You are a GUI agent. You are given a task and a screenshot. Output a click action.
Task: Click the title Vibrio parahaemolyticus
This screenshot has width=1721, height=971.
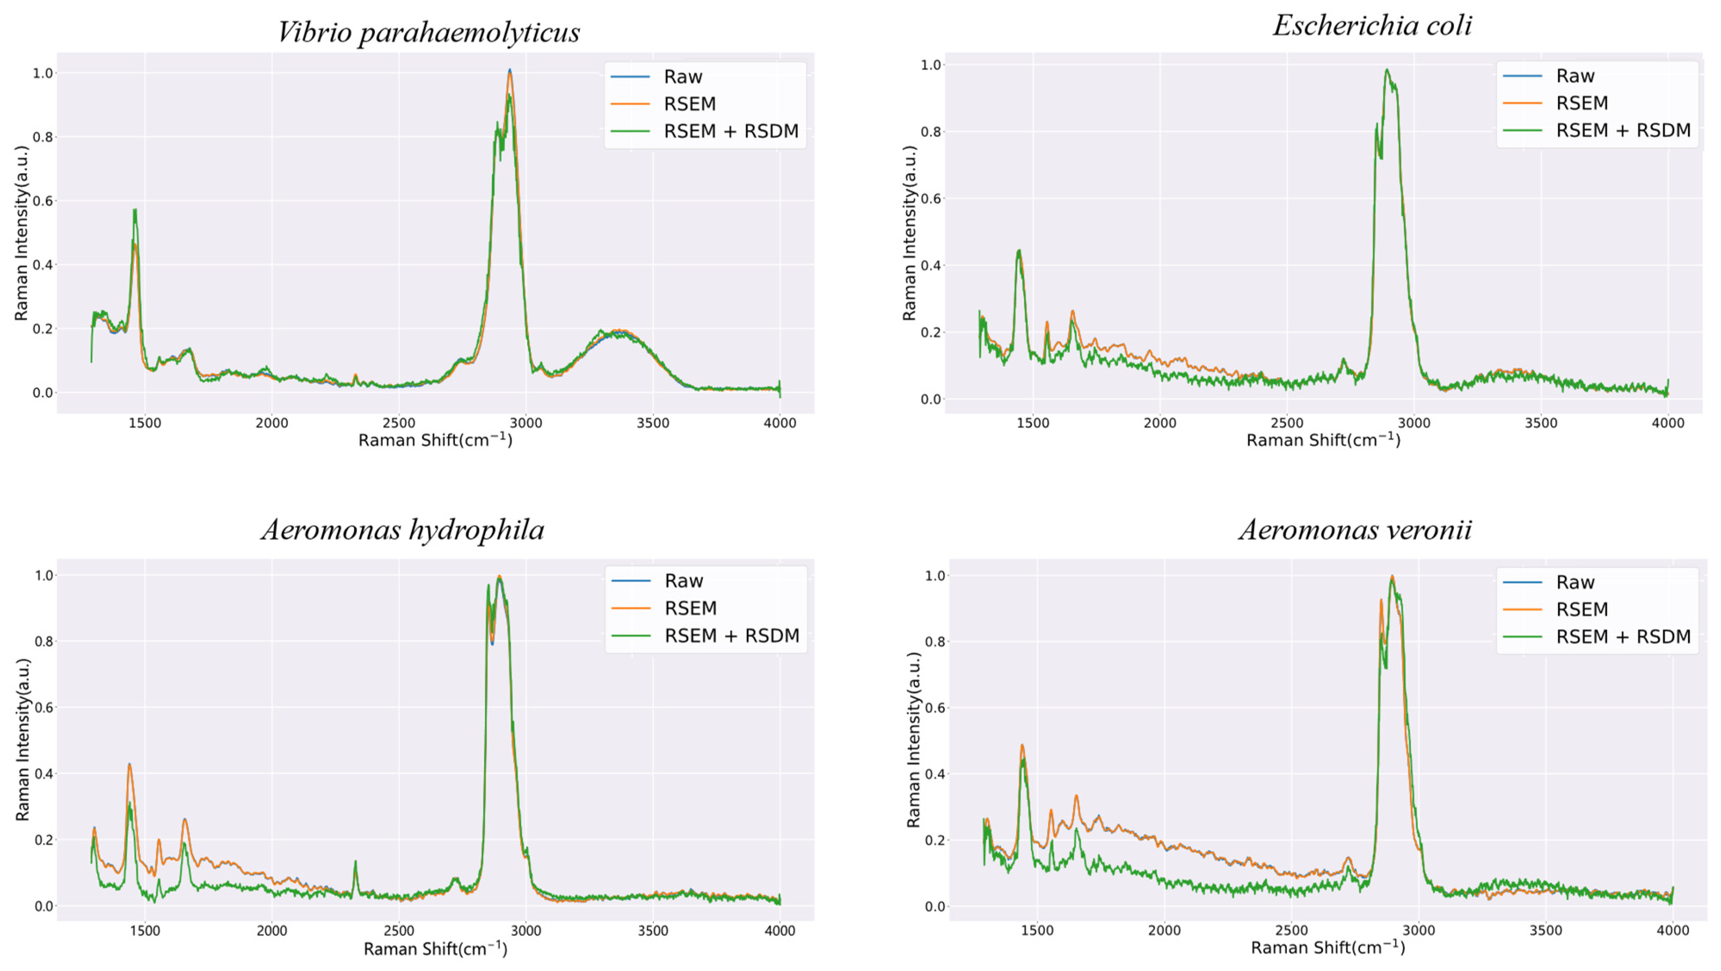pyautogui.click(x=428, y=32)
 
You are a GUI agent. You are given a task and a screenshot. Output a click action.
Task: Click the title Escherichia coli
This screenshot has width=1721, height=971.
pyautogui.click(x=1371, y=25)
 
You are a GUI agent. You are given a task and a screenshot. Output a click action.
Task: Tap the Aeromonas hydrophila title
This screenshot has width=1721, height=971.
pyautogui.click(x=403, y=530)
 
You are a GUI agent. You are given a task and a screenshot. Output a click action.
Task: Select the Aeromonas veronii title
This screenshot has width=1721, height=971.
pyautogui.click(x=1355, y=530)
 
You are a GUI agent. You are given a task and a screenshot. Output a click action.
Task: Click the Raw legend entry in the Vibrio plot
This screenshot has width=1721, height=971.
pyautogui.click(x=682, y=77)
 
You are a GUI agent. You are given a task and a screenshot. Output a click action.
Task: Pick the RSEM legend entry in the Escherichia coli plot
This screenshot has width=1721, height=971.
pyautogui.click(x=1581, y=103)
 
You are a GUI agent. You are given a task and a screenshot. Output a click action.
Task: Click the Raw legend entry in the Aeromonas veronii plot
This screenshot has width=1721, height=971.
pyautogui.click(x=1575, y=582)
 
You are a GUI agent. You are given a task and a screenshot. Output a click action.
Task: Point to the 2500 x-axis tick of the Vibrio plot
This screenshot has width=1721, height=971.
pyautogui.click(x=399, y=423)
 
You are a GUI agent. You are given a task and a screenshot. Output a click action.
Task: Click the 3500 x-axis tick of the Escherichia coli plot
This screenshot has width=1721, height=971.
pyautogui.click(x=1541, y=423)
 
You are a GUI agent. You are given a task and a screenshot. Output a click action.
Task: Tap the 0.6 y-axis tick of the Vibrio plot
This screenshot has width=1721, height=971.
pyautogui.click(x=43, y=201)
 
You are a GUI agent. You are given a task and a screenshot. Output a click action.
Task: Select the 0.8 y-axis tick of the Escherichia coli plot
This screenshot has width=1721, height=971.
pyautogui.click(x=931, y=132)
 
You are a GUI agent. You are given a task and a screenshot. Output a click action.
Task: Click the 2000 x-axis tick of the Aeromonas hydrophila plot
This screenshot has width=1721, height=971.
pyautogui.click(x=272, y=930)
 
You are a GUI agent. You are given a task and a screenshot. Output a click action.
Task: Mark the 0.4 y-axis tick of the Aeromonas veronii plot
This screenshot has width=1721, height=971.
pyautogui.click(x=935, y=774)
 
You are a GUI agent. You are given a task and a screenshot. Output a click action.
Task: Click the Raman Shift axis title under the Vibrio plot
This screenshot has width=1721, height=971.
pyautogui.click(x=435, y=440)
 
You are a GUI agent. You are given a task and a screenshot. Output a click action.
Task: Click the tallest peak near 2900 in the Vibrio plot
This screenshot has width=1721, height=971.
pyautogui.click(x=510, y=71)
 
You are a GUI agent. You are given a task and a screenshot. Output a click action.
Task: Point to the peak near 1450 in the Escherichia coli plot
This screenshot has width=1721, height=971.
pyautogui.click(x=1019, y=251)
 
